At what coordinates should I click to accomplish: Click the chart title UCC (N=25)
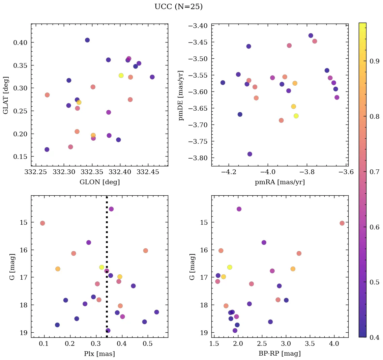tap(178, 7)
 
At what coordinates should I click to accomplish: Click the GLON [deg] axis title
tap(99, 182)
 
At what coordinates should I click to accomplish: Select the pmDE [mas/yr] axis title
tap(181, 95)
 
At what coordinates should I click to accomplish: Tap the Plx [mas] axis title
tap(99, 354)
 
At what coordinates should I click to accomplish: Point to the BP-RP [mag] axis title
tap(279, 354)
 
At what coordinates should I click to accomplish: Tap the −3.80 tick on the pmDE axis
tap(199, 158)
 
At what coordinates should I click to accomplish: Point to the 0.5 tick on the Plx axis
tap(148, 344)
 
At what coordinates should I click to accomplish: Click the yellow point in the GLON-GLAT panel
tap(121, 76)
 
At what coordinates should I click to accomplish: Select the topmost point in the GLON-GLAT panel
tap(87, 40)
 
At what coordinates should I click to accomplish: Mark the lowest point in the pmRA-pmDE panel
tap(250, 154)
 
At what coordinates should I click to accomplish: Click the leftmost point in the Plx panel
tap(42, 223)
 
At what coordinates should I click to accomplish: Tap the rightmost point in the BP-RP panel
tap(342, 223)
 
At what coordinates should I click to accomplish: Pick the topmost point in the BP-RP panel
tap(239, 209)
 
